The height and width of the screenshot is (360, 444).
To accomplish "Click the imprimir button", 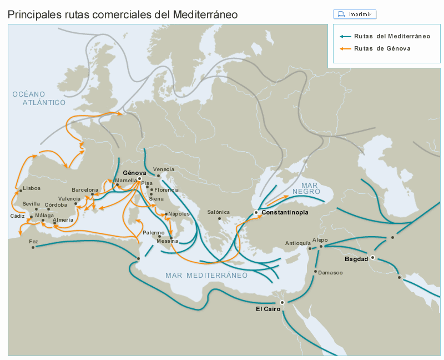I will pyautogui.click(x=355, y=14).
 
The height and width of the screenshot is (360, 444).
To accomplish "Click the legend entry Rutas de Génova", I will pyautogui.click(x=382, y=48).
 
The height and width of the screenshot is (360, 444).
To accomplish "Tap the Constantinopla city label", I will pyautogui.click(x=284, y=213).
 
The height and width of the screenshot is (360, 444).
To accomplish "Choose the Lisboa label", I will pyautogui.click(x=32, y=188).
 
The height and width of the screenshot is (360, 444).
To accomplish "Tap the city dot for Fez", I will pyautogui.click(x=33, y=247).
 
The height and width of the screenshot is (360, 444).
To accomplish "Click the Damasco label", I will pyautogui.click(x=331, y=273).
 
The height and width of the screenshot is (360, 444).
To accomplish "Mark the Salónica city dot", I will pyautogui.click(x=220, y=219).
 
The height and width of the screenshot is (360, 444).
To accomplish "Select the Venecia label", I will pyautogui.click(x=163, y=169).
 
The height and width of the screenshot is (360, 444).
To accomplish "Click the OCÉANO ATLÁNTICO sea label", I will pyautogui.click(x=37, y=98).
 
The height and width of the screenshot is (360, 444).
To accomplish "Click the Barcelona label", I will pyautogui.click(x=84, y=190).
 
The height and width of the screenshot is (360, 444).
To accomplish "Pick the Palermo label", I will pyautogui.click(x=154, y=233).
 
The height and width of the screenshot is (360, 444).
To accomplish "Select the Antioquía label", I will pyautogui.click(x=297, y=243).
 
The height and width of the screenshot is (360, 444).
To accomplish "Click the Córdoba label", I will pyautogui.click(x=56, y=204).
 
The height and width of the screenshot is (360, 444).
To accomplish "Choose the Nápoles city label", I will pyautogui.click(x=179, y=214).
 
